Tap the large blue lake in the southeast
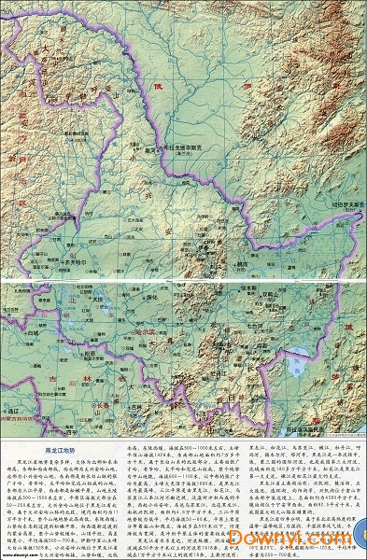[x=304, y=359]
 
